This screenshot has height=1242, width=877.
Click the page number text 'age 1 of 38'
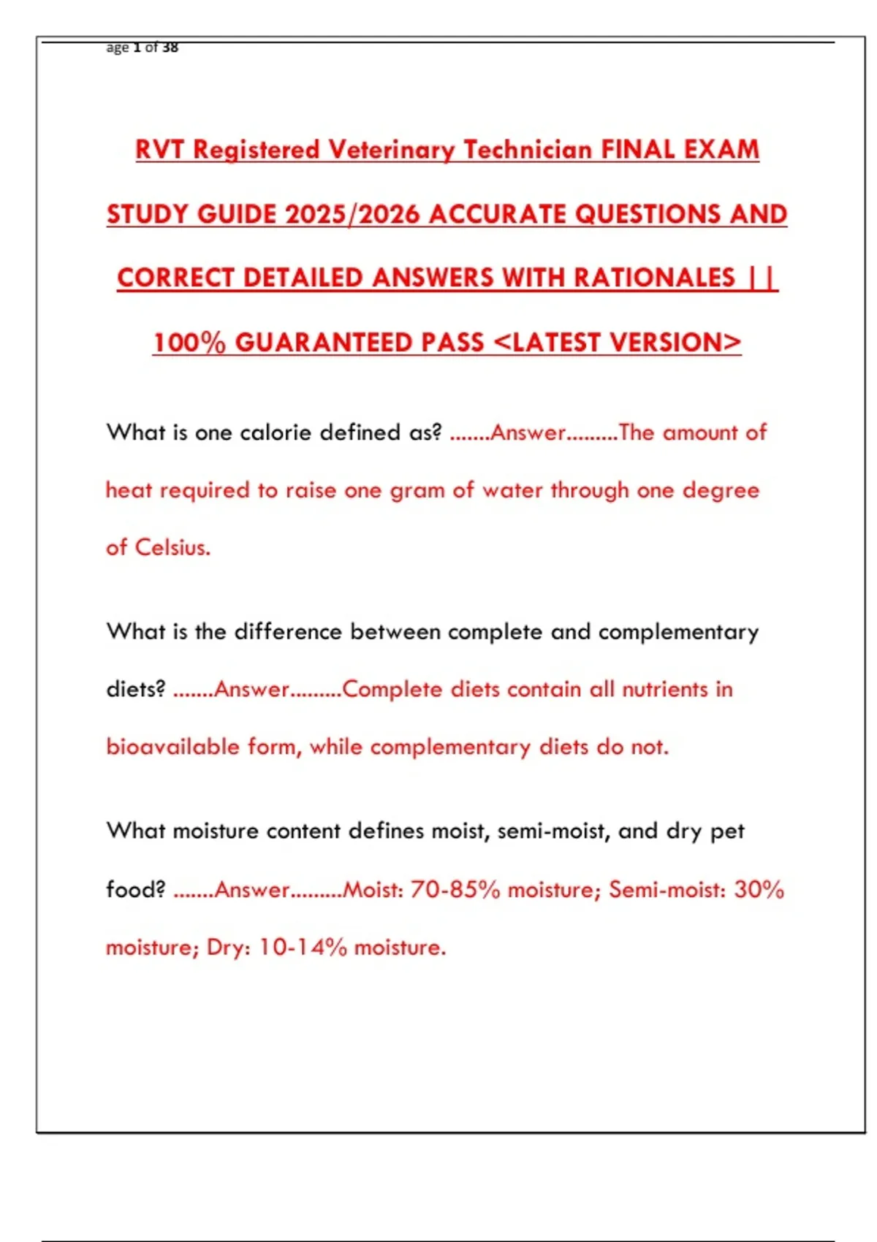(x=142, y=47)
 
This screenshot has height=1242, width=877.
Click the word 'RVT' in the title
(x=159, y=150)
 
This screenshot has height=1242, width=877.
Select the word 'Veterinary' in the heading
(x=392, y=150)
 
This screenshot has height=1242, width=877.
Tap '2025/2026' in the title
(x=352, y=214)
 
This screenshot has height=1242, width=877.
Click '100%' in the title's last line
(x=189, y=342)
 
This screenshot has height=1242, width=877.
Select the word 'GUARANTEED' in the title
(x=359, y=342)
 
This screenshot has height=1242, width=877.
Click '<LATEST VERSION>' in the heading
(x=618, y=342)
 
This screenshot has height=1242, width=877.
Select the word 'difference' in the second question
(x=288, y=632)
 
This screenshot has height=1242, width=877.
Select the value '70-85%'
(x=455, y=890)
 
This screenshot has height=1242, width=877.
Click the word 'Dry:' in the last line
(x=229, y=948)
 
